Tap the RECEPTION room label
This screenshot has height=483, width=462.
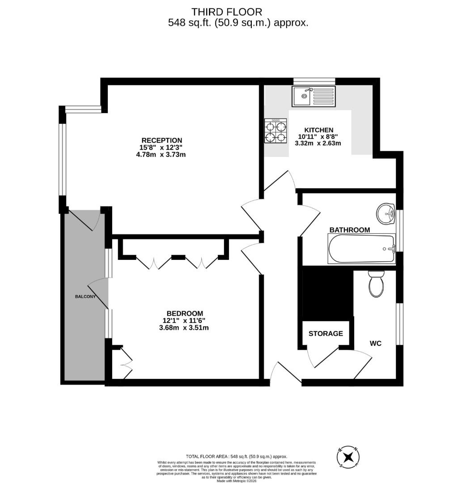coord(161,140)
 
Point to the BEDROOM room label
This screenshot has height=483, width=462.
coord(185,313)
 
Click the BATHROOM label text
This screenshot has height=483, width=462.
coord(349,230)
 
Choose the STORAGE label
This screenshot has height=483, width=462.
coord(326,334)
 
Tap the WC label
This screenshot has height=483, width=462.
coord(375,343)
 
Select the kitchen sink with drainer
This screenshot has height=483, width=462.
coord(314,96)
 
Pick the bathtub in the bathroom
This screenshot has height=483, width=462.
coord(362,249)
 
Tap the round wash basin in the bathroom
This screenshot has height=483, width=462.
coord(385,214)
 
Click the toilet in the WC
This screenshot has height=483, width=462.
coord(376,284)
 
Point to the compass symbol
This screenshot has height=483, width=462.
coord(348,457)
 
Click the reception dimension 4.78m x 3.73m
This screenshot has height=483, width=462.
coord(161,155)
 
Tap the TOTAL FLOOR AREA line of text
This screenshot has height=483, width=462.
coord(237,456)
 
